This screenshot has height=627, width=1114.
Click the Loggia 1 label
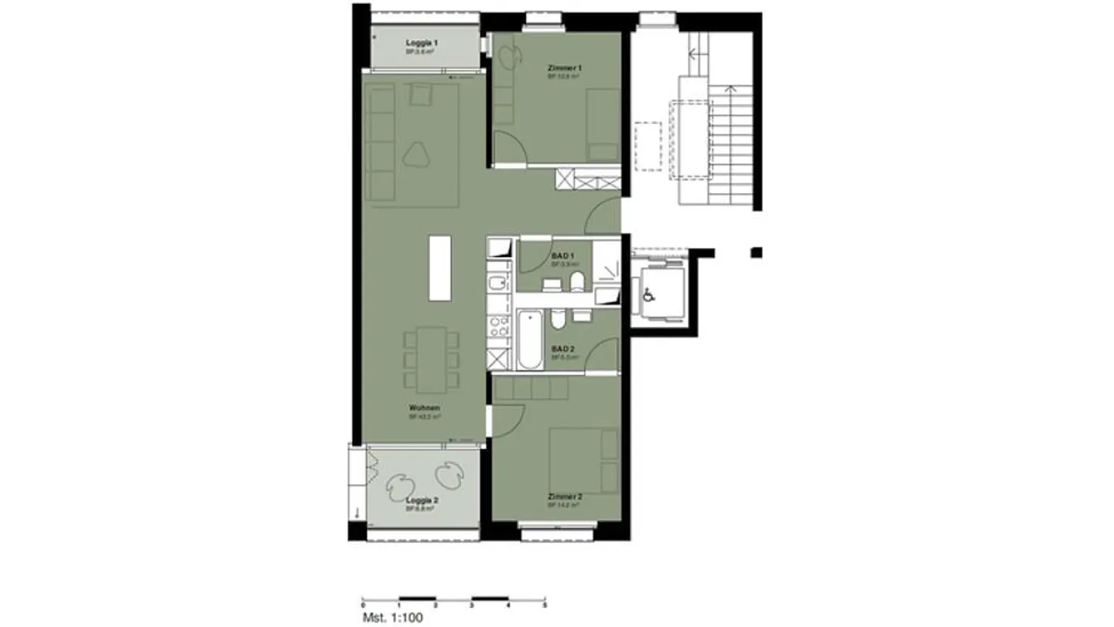tap(422, 43)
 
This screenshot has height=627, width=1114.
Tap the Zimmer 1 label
tap(564, 69)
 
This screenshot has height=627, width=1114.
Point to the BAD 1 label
tap(562, 256)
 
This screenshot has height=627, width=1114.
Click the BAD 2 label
tap(563, 349)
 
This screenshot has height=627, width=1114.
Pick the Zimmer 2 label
tap(564, 496)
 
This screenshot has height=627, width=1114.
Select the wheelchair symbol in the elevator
tap(648, 294)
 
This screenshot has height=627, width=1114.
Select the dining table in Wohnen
tap(430, 359)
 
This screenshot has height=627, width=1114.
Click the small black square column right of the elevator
tap(757, 252)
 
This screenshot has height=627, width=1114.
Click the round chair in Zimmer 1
tap(510, 56)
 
